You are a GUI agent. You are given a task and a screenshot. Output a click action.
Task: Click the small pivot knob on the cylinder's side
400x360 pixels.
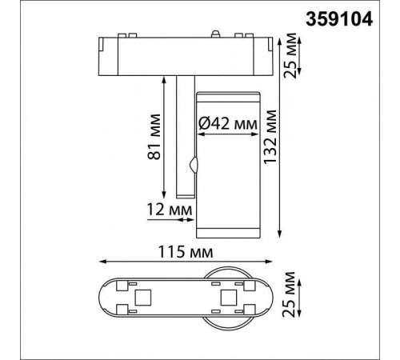pos(193,166)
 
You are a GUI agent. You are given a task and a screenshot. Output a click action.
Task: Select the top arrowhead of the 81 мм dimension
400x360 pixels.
pos(173,77)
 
